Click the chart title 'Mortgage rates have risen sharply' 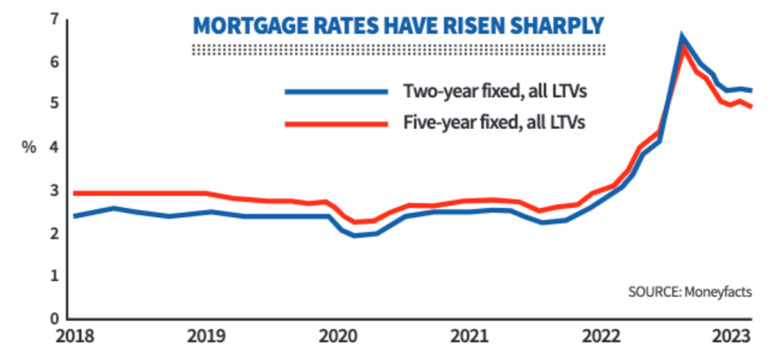pyautogui.click(x=399, y=26)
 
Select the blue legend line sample pyautogui.click(x=336, y=91)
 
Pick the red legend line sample pyautogui.click(x=336, y=123)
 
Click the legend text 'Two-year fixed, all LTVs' pyautogui.click(x=494, y=92)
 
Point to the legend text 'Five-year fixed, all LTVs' pyautogui.click(x=494, y=123)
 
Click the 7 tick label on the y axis pyautogui.click(x=54, y=20)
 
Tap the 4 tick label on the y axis pyautogui.click(x=54, y=148)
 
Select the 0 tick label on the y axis pyautogui.click(x=54, y=318)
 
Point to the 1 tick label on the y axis pyautogui.click(x=54, y=276)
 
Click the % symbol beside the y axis pyautogui.click(x=29, y=148)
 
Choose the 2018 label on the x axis pyautogui.click(x=73, y=337)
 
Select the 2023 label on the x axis pyautogui.click(x=733, y=337)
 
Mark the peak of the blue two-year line pyautogui.click(x=682, y=35)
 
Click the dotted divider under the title pyautogui.click(x=399, y=50)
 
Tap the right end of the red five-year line pyautogui.click(x=751, y=106)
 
